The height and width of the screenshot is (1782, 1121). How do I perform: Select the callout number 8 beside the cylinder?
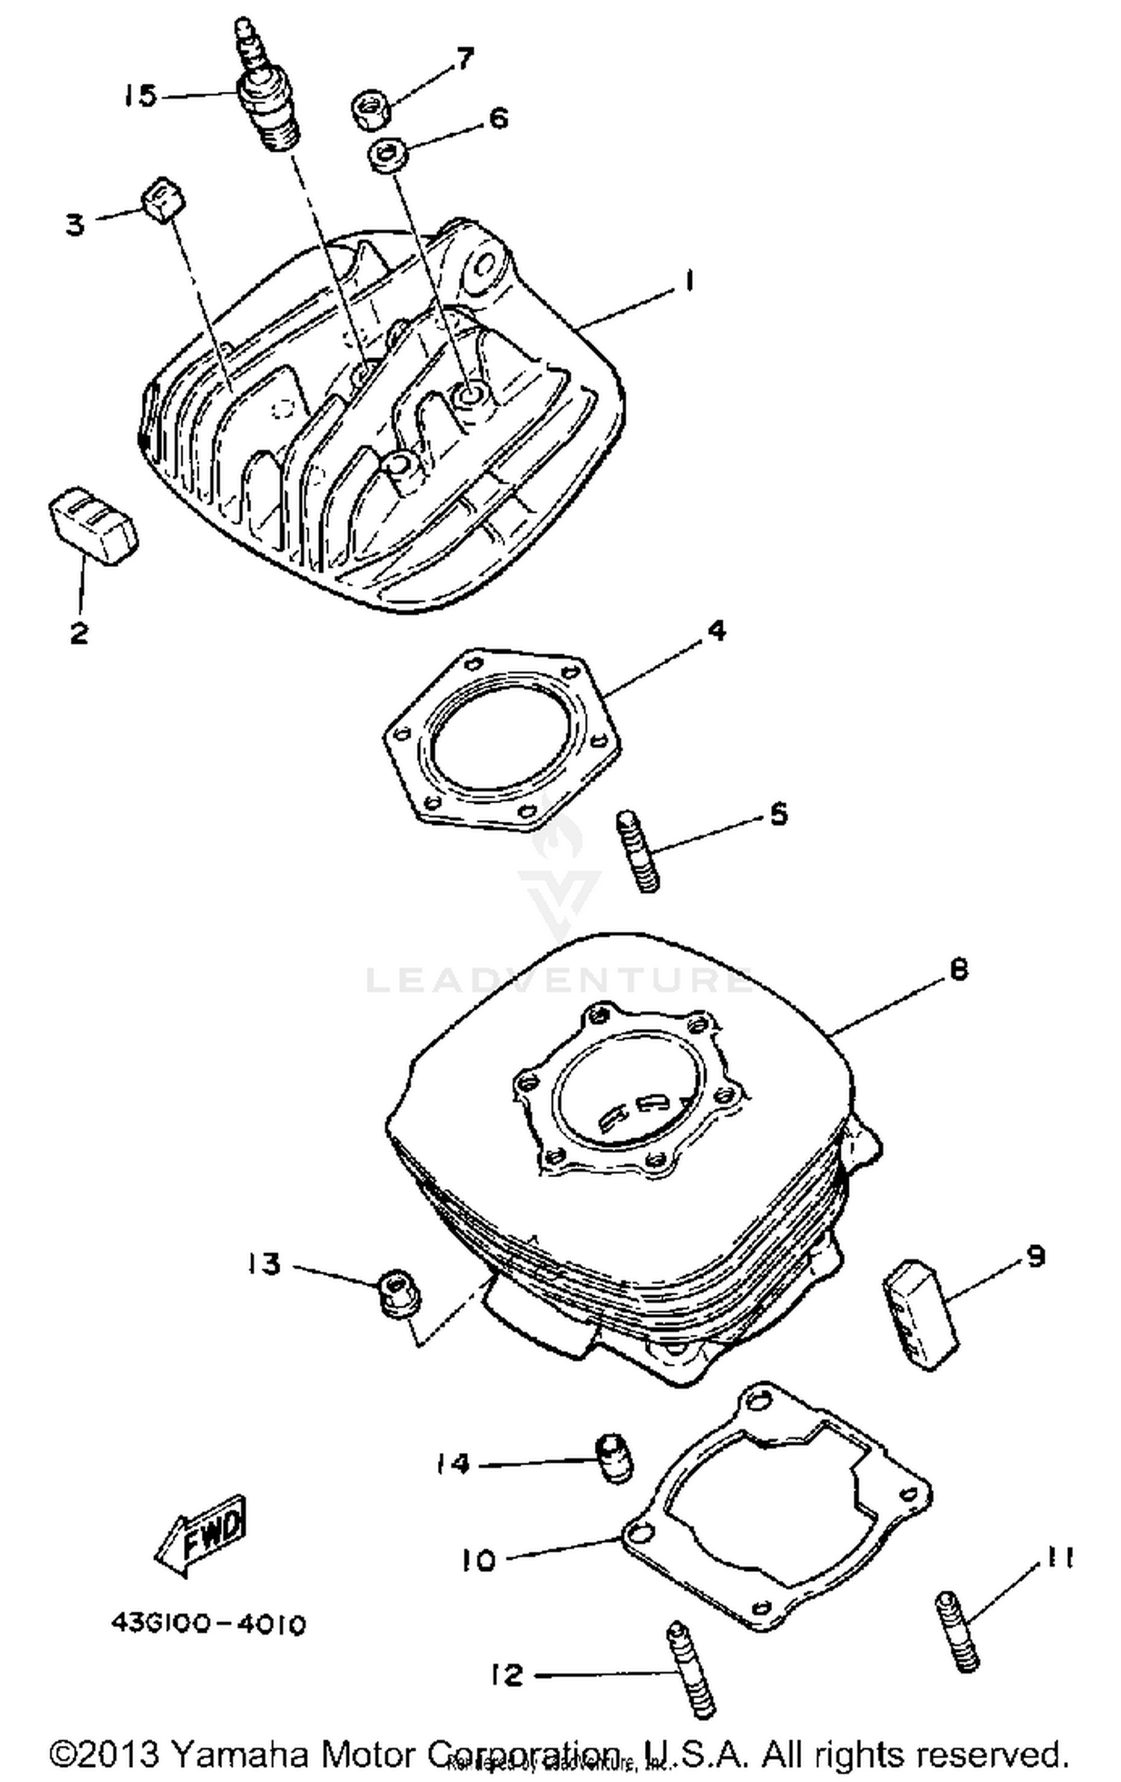958,970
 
